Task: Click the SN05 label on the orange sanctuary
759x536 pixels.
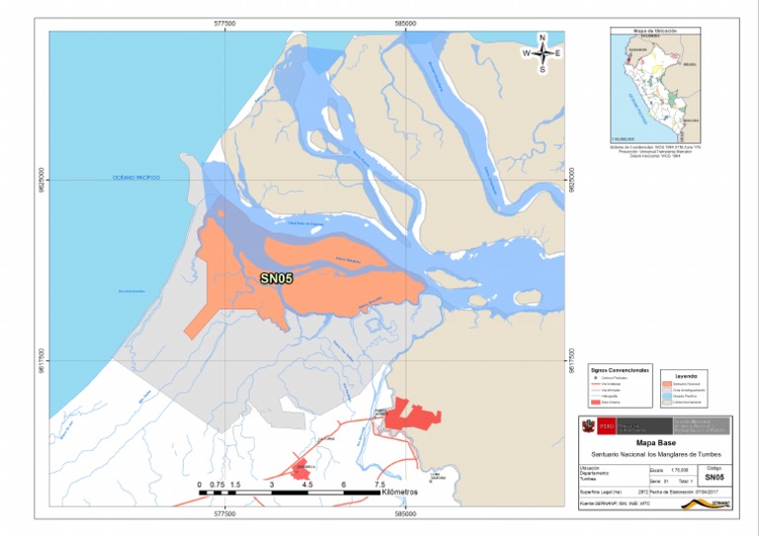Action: click(x=276, y=279)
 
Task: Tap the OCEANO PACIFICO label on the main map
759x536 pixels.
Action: click(x=135, y=178)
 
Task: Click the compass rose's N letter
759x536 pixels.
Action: click(x=542, y=38)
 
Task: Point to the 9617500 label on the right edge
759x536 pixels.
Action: click(x=571, y=359)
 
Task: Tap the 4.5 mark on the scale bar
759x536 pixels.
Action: click(x=306, y=485)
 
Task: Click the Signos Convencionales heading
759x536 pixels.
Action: click(x=620, y=369)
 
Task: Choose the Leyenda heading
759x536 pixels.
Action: click(x=686, y=376)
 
